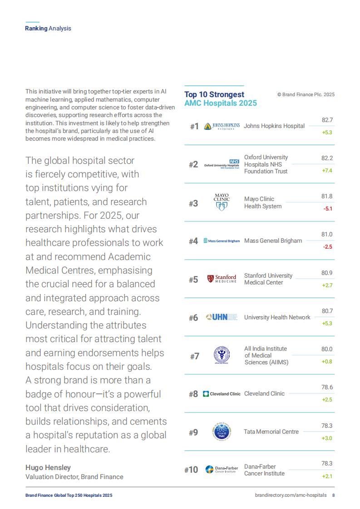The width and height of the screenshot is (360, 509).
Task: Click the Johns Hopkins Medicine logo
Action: pos(222,126)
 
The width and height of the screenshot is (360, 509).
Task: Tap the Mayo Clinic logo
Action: pos(222,202)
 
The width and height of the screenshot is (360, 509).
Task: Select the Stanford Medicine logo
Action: pos(222,279)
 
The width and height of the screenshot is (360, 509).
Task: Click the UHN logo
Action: pos(222,317)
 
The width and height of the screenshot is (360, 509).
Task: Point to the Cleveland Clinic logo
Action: pos(222,394)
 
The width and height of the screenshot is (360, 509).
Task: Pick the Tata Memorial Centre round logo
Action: pos(222,432)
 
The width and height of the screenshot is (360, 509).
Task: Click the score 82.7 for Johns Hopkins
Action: pos(327,120)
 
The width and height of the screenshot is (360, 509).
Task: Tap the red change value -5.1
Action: pos(328,209)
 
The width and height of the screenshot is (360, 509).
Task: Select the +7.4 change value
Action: pos(327,171)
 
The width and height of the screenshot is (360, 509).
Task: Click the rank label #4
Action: pos(193,241)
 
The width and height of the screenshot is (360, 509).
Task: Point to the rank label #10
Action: pos(191,470)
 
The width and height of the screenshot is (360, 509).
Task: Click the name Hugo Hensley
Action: pos(48,467)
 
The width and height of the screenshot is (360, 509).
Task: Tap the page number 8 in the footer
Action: pos(333,495)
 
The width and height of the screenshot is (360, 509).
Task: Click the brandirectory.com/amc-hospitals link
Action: pos(291,495)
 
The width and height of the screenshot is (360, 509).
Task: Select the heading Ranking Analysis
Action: pos(48,29)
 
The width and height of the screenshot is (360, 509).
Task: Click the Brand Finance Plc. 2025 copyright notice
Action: pos(306,94)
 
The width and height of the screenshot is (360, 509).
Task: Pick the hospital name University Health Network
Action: pos(277,318)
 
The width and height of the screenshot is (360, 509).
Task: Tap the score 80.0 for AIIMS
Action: pos(327,349)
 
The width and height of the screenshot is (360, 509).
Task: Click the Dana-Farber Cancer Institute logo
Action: pos(222,470)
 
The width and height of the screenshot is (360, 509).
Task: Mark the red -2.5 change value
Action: pos(327,247)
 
